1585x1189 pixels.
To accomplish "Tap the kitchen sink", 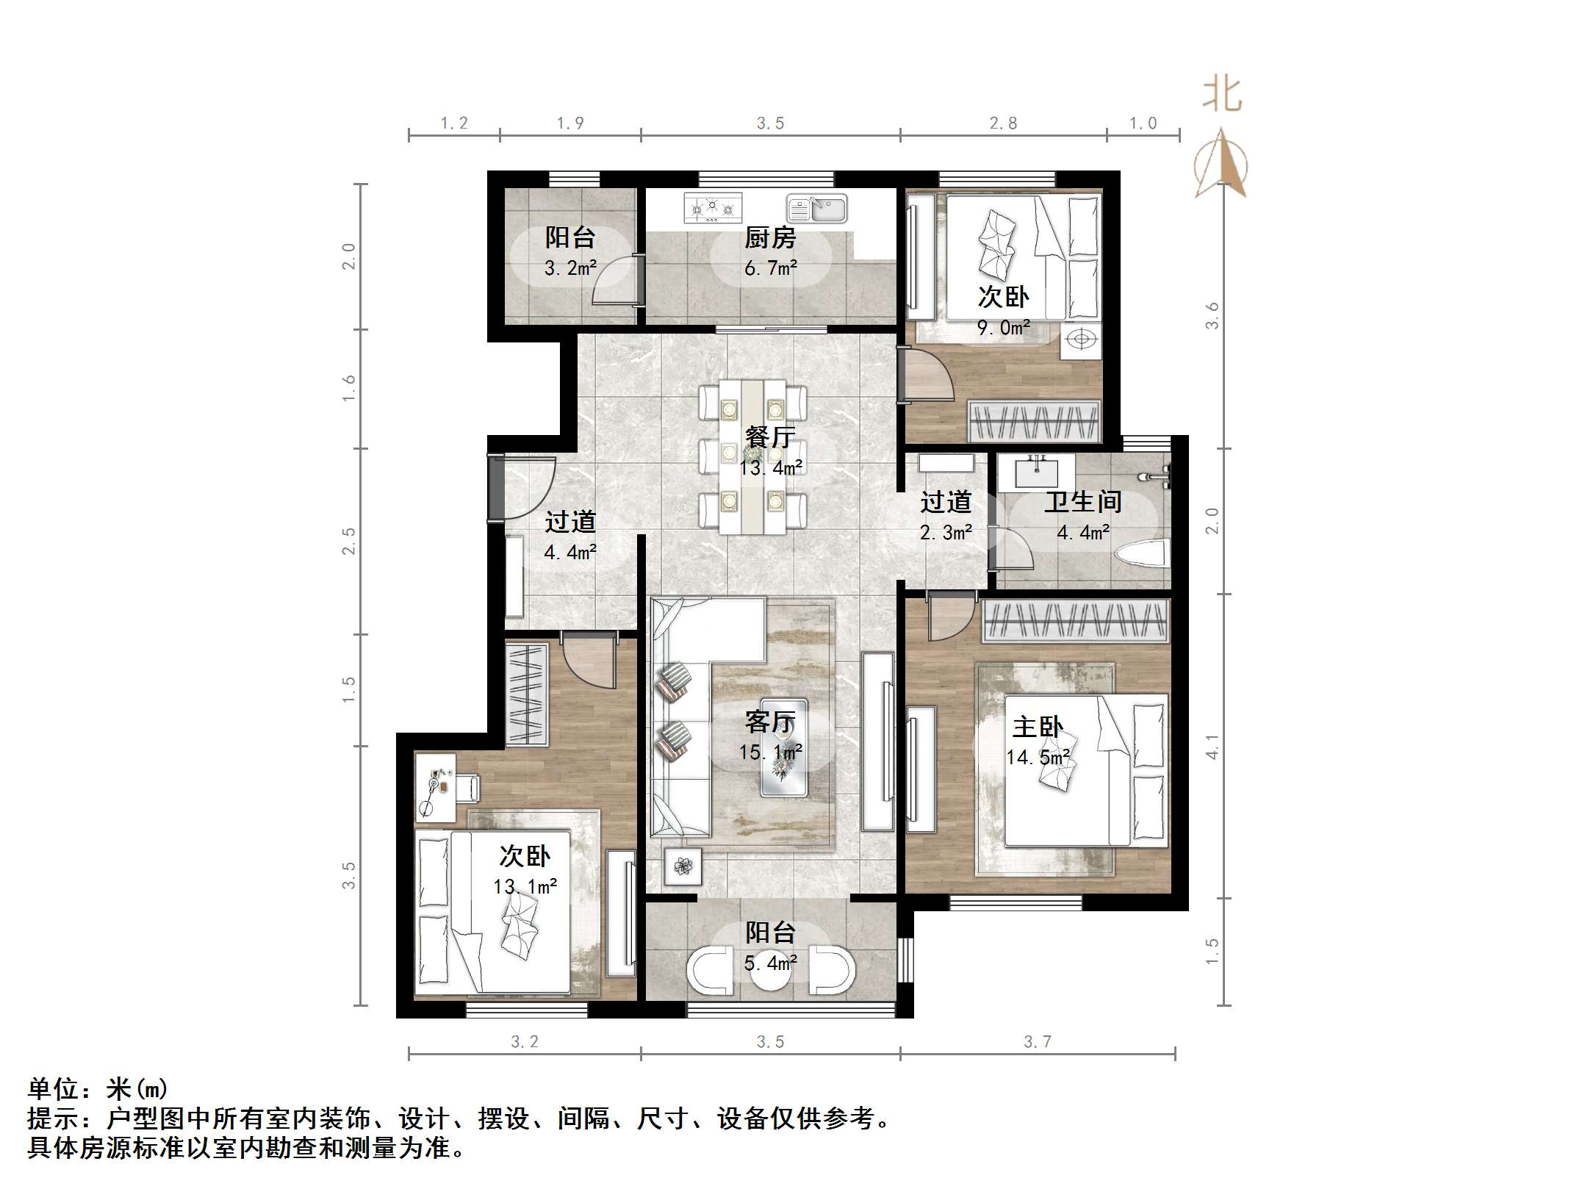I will [817, 209].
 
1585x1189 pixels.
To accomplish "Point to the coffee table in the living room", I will [783, 747].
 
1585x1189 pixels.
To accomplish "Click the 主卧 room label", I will [1037, 728].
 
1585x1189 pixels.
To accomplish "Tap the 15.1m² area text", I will [770, 752].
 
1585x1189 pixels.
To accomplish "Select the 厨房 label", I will [769, 237].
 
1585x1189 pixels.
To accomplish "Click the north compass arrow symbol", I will [1221, 163].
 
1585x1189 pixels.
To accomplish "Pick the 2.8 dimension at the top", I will [1003, 123].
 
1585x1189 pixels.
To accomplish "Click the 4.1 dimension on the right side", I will [1212, 747].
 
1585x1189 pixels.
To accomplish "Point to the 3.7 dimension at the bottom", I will [1038, 1041].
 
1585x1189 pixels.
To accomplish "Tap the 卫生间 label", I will [1082, 502].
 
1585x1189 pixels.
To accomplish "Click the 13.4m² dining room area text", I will [770, 467].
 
